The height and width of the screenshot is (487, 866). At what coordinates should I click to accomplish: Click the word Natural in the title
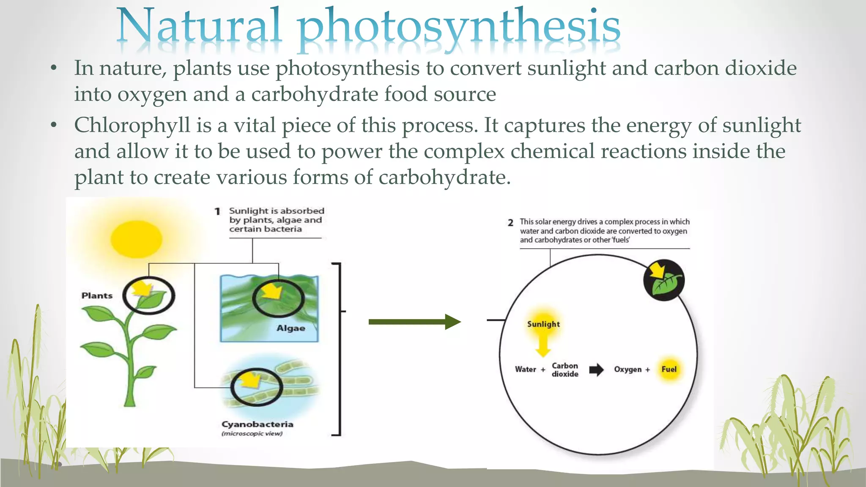tap(199, 26)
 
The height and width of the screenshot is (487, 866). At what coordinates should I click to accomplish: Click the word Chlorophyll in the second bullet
tap(132, 126)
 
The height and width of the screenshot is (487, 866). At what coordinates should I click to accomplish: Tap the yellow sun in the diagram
tap(136, 239)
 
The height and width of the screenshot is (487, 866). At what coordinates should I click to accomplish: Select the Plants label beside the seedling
tap(97, 296)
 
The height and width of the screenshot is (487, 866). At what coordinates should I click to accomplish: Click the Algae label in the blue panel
tap(290, 328)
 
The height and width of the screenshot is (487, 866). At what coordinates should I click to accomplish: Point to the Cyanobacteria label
tap(257, 424)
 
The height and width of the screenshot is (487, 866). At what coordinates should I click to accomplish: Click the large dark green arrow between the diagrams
tap(414, 322)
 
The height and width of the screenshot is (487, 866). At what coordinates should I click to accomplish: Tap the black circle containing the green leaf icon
tap(663, 280)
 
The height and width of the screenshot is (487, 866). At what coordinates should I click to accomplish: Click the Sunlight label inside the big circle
tap(543, 324)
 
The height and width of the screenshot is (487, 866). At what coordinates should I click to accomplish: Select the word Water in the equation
tap(525, 369)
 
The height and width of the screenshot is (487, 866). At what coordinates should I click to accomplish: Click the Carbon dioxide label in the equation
tap(565, 369)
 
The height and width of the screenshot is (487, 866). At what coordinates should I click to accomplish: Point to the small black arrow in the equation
tap(596, 370)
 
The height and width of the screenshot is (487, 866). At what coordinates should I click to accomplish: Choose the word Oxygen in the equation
tap(628, 369)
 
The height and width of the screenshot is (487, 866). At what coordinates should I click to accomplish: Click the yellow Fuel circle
tap(669, 369)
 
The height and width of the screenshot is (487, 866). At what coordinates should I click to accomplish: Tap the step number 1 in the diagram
tap(217, 211)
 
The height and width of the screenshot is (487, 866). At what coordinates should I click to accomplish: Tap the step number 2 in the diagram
tap(510, 222)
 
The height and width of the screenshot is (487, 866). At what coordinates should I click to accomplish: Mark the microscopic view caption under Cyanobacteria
tap(252, 434)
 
